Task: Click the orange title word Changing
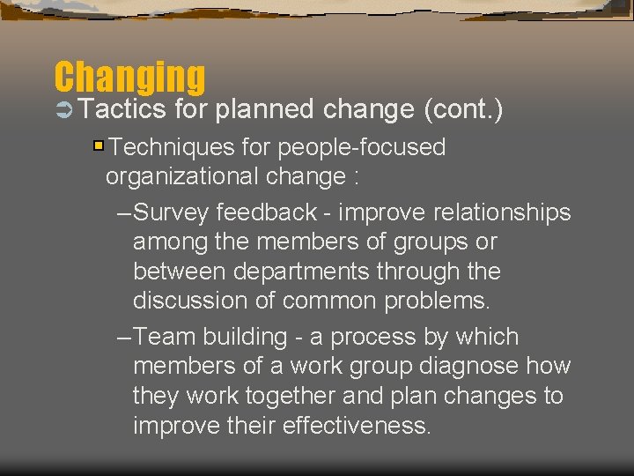[129, 78]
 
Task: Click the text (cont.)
[463, 109]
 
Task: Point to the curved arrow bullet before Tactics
[64, 110]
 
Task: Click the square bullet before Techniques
[99, 146]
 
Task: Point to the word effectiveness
[358, 426]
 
